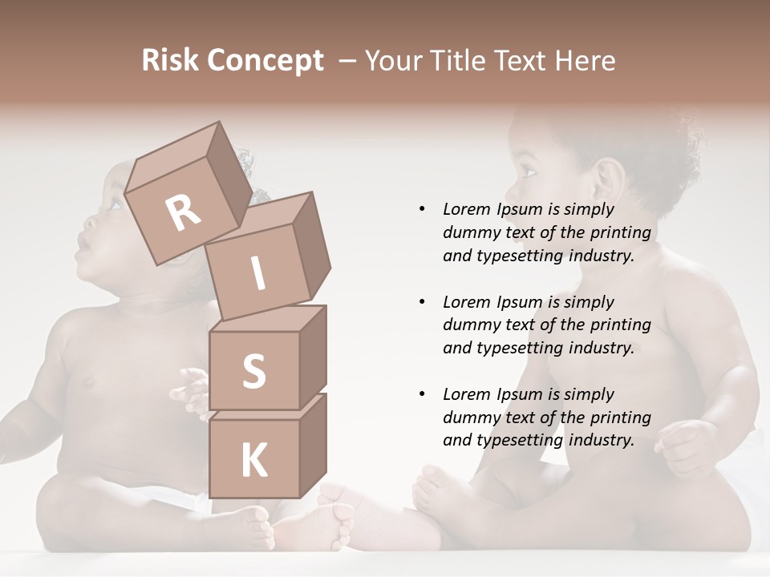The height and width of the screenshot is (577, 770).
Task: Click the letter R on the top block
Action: [x=184, y=212]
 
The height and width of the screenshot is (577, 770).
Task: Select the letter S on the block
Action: [x=253, y=371]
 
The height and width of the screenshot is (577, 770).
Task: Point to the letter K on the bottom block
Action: [x=253, y=461]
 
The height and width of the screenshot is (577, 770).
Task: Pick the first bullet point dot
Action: [x=422, y=209]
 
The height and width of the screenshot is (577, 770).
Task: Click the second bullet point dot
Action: [x=422, y=302]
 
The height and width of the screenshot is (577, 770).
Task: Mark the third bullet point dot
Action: [x=422, y=394]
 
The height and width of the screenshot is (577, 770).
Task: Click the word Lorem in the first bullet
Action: [x=467, y=209]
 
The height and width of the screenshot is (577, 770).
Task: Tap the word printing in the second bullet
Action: [x=620, y=325]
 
